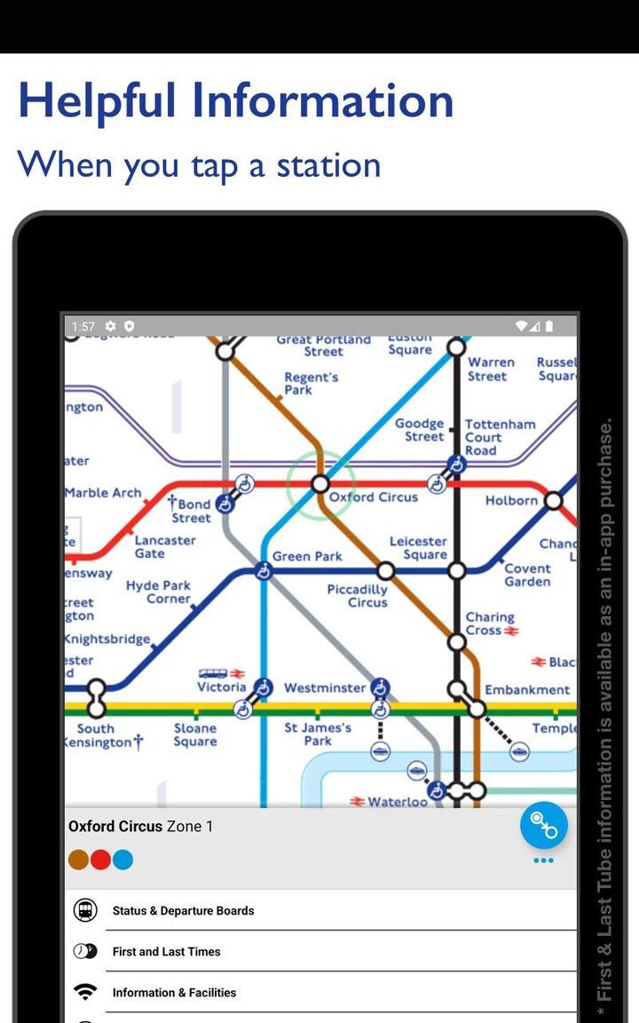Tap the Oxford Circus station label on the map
(x=373, y=497)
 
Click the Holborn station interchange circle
(x=554, y=501)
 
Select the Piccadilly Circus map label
(x=357, y=596)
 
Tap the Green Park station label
(x=307, y=557)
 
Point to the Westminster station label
(x=325, y=688)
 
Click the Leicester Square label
(x=418, y=548)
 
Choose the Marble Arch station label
(x=103, y=493)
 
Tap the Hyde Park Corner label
(x=158, y=592)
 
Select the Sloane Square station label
(x=195, y=735)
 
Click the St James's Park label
(x=318, y=734)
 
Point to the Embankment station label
(x=527, y=690)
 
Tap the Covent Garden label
(x=527, y=575)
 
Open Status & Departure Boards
(x=183, y=911)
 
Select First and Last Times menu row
(x=166, y=952)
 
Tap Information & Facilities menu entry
(x=174, y=993)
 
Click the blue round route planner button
(x=543, y=825)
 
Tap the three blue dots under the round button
(x=543, y=860)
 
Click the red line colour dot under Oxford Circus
(x=100, y=860)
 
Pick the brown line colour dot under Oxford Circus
(x=78, y=860)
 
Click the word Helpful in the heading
(x=97, y=101)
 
